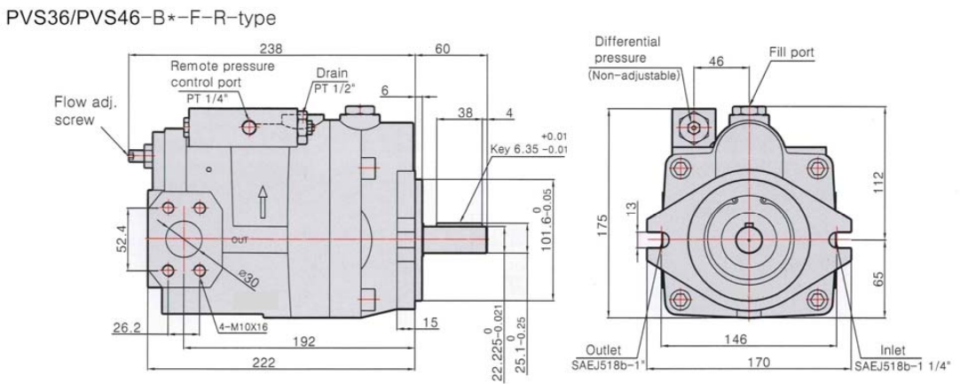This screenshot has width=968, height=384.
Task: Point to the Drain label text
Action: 333,74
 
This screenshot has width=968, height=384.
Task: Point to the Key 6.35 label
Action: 520,150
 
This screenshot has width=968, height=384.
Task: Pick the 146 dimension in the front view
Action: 748,339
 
